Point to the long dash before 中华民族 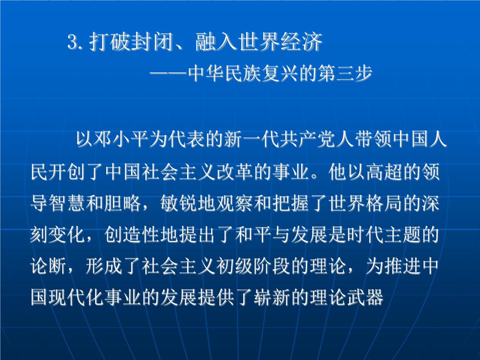pos(168,73)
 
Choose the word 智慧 pos(68,203)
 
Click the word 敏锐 pos(179,203)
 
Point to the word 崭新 pos(272,297)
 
